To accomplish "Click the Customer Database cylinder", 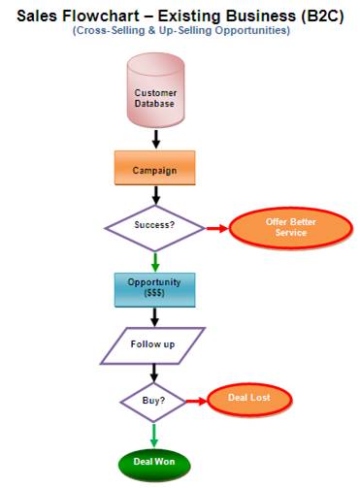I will click(154, 95).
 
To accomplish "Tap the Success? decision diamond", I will click(154, 227).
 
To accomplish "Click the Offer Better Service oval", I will click(278, 227).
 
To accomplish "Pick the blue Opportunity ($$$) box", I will click(154, 287).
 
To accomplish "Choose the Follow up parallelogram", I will click(153, 344).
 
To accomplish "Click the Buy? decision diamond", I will click(154, 400).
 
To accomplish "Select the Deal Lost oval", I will click(249, 399).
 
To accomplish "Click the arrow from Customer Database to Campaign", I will click(154, 139).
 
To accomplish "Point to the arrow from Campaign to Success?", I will click(154, 196).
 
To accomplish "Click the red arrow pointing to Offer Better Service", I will click(218, 228).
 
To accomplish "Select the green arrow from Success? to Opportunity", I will click(154, 259).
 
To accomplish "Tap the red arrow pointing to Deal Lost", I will click(197, 400).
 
